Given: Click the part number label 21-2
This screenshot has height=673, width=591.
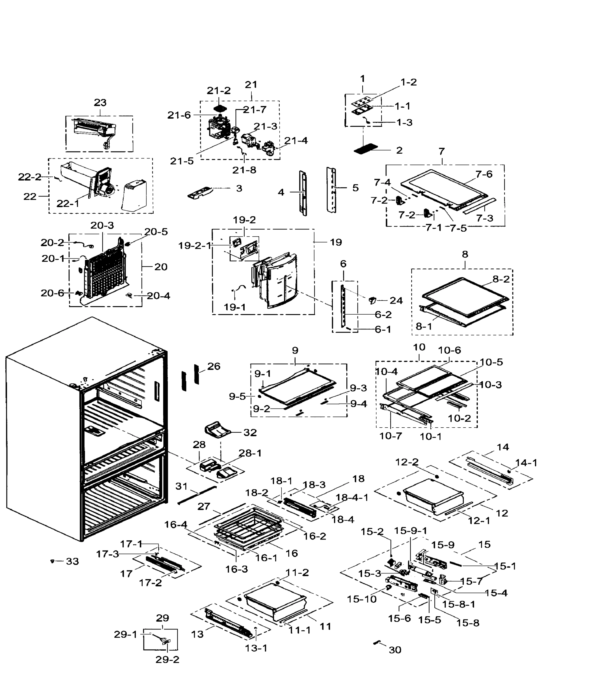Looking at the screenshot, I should (x=219, y=91).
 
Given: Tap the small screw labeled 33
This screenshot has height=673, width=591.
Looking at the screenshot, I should (x=52, y=561).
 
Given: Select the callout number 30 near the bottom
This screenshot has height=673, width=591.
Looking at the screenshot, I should (x=395, y=650).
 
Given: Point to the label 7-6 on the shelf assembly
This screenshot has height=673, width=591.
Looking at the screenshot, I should (x=484, y=174).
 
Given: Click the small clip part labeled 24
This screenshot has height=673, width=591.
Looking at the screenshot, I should (x=372, y=300).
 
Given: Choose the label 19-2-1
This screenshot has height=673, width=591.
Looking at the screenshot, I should (x=194, y=246).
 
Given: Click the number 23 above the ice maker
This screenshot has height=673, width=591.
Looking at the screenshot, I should (x=100, y=102).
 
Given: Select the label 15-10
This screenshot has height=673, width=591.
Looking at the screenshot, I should (x=361, y=599).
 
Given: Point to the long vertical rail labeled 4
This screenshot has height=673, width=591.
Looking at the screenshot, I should (x=303, y=193).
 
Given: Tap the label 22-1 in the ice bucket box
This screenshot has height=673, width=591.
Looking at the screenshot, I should (x=68, y=204).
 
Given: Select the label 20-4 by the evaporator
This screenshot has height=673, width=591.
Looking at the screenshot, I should (x=158, y=296).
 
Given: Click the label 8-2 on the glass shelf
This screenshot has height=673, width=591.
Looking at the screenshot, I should (x=501, y=279).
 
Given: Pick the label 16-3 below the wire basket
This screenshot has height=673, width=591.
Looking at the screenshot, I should (x=236, y=569).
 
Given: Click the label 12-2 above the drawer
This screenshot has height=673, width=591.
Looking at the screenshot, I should (x=407, y=462).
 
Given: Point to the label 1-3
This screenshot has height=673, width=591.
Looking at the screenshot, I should (x=404, y=123).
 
